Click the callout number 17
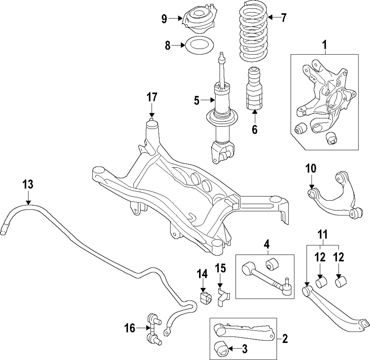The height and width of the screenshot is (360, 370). (152, 97)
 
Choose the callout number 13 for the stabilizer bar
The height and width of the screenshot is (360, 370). (28, 184)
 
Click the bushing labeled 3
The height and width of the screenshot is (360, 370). (221, 349)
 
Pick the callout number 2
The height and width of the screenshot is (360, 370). (285, 339)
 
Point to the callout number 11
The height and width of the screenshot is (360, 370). (323, 235)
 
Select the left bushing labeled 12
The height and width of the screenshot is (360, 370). (321, 282)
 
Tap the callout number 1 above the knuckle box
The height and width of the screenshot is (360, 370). (325, 45)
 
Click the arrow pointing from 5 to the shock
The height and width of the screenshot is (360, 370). (208, 101)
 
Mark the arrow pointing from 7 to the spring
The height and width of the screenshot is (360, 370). (273, 17)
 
